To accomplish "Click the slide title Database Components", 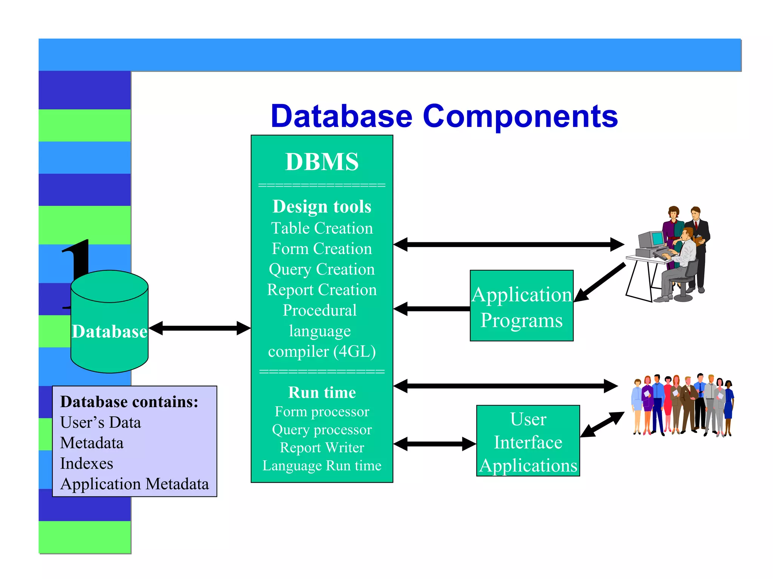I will (444, 116).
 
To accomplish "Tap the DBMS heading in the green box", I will (322, 162).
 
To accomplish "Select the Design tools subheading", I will (322, 207).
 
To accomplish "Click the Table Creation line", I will (322, 228).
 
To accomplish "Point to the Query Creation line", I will (322, 269).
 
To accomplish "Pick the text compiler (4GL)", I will (322, 351).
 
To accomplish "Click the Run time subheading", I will (322, 392).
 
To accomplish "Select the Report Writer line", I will (322, 447).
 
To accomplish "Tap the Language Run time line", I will (322, 466).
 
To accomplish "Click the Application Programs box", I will (521, 306).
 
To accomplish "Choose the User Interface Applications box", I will (528, 441).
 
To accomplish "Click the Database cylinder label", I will (109, 331).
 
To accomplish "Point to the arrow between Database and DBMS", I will (199, 328).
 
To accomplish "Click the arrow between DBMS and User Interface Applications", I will (434, 444).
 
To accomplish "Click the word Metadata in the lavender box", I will (92, 443).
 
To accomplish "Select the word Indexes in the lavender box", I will (86, 463).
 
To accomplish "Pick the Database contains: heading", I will (129, 402).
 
